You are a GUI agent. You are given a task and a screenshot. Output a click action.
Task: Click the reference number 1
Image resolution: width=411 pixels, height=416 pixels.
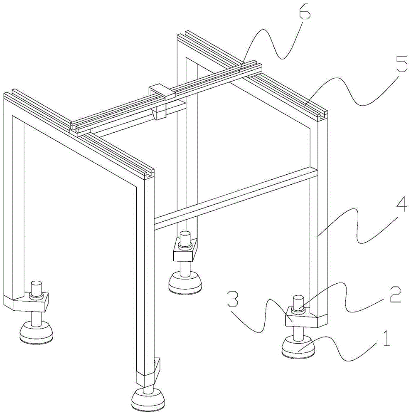[x=386, y=339]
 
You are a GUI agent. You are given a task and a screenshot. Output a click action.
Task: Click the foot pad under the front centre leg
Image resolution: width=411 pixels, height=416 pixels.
[x=148, y=400]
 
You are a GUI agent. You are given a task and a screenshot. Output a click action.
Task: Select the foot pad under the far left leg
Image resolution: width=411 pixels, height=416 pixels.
[x=36, y=332]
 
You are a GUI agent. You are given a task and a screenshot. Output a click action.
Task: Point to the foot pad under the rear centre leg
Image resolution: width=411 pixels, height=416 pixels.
[x=185, y=282]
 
